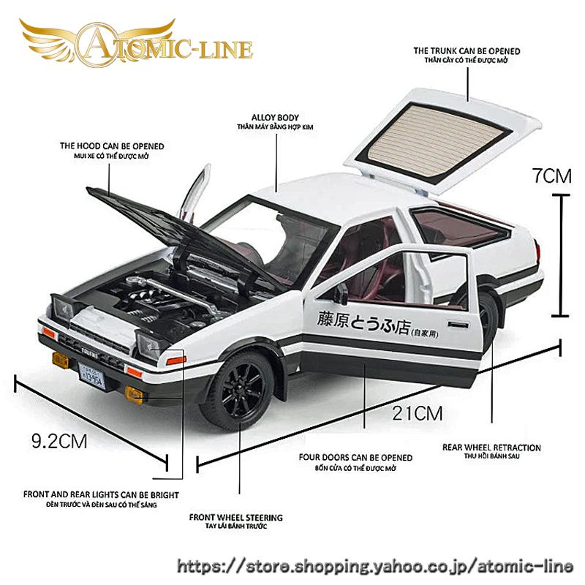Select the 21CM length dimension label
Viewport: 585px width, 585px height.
click(x=417, y=412)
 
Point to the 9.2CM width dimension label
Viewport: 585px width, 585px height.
click(x=58, y=441)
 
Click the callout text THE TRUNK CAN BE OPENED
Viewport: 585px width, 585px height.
click(x=467, y=51)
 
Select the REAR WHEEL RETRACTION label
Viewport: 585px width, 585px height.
click(x=502, y=448)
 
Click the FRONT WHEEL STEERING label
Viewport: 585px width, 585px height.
click(x=235, y=518)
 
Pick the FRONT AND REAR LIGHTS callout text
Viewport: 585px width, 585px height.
click(x=101, y=495)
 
